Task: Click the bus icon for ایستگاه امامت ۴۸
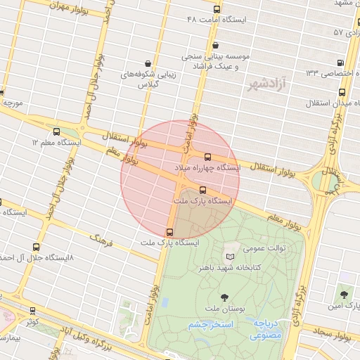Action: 217,11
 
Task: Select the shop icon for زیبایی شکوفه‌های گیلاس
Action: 147,63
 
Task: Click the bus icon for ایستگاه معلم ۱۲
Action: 56,131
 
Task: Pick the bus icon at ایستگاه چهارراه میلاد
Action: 207,157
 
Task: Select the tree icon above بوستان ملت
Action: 224,297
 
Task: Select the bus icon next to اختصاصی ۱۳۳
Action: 341,63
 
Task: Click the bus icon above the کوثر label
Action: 32,310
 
